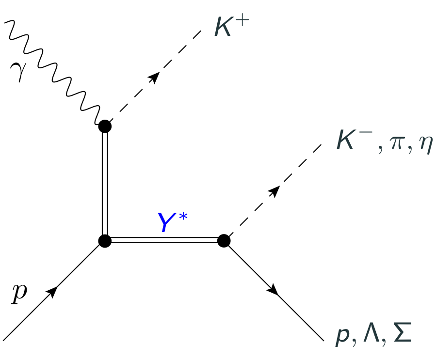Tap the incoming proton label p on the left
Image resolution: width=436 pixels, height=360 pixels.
pos(19,294)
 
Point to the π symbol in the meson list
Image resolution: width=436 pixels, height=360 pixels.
pos(391,145)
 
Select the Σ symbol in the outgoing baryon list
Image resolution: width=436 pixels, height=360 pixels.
pos(403,335)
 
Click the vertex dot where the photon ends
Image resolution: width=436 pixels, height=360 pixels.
pos(105,126)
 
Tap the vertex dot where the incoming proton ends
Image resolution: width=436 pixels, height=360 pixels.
pos(105,240)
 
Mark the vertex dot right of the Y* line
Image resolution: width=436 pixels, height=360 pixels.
pos(224,240)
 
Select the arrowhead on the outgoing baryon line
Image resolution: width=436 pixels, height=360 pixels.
pos(273,290)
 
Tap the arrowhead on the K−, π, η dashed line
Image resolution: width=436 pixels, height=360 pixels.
pos(275,191)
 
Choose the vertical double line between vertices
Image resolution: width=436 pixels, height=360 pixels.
pos(105,184)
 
